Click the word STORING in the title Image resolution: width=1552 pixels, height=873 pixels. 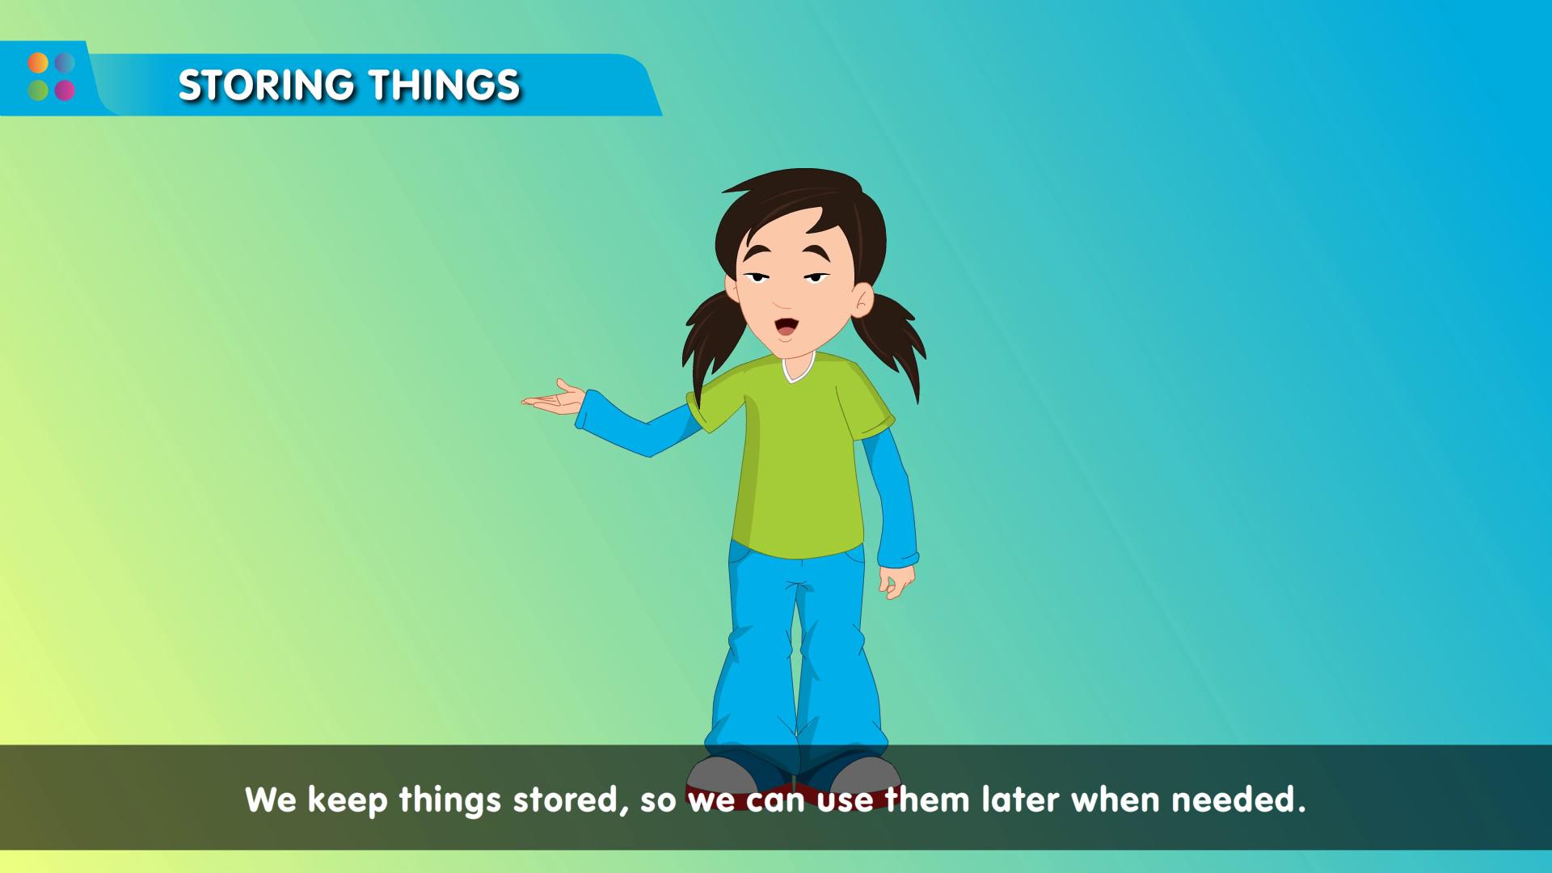click(266, 85)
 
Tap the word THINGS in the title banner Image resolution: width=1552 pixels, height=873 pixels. click(445, 85)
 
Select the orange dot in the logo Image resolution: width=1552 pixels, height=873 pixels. click(38, 63)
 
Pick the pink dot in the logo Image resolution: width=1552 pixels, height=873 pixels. click(65, 90)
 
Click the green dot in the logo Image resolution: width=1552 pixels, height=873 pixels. click(38, 90)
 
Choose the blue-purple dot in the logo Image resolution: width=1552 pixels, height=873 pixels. click(65, 63)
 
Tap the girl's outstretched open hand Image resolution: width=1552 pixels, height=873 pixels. click(554, 399)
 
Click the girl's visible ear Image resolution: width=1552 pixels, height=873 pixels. click(862, 300)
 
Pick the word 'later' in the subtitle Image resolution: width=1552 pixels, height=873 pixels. click(1019, 799)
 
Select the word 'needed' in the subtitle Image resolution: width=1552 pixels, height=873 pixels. click(1238, 799)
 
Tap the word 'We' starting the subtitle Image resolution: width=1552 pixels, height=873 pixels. click(271, 799)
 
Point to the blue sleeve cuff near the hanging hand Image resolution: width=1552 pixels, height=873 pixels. click(898, 559)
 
